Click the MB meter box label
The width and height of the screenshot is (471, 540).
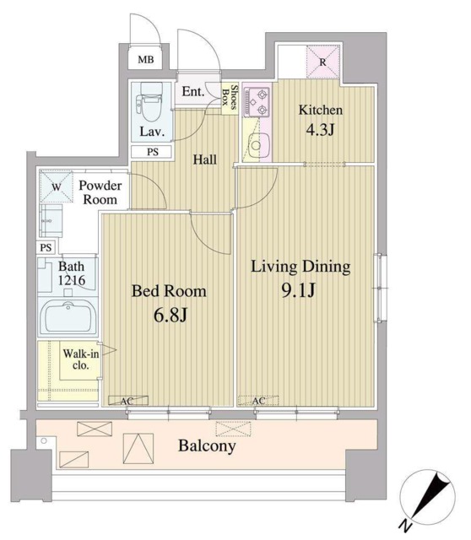coord(146,60)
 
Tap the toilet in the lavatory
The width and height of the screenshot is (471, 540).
coord(149,102)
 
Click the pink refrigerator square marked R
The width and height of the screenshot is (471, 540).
coord(322,62)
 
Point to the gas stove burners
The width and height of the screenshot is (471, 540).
coord(257,102)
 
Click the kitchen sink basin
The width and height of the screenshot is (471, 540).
coord(256,145)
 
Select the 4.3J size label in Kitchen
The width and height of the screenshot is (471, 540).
coord(320,130)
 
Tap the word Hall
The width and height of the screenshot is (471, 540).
coord(205,159)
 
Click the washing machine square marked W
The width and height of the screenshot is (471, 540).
coord(57,187)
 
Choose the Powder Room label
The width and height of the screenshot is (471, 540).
coord(100,192)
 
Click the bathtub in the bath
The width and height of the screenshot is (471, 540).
coord(68,317)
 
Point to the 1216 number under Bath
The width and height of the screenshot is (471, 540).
coord(71,280)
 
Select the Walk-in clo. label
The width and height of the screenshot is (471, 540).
coord(81,359)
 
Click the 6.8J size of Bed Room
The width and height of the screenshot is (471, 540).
coord(171,315)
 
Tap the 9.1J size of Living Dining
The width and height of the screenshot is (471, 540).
coord(298,290)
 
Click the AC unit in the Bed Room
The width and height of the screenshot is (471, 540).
coord(128,401)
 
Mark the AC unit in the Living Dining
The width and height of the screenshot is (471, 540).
coord(258,401)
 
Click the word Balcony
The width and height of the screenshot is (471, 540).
coord(207,446)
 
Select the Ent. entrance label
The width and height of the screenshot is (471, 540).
coord(193,91)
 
